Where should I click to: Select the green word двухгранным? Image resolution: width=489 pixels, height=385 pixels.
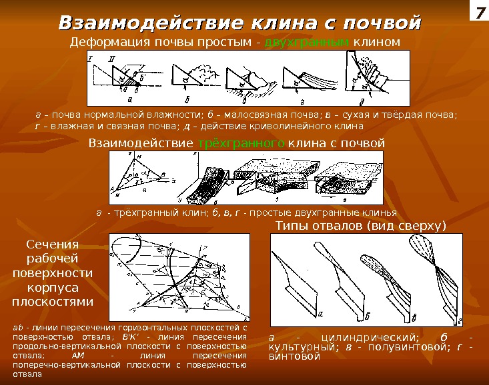tap(307, 43)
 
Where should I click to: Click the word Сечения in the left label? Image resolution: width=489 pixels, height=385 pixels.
tap(53, 245)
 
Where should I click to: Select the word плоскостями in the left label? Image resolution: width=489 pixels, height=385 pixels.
tap(53, 301)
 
